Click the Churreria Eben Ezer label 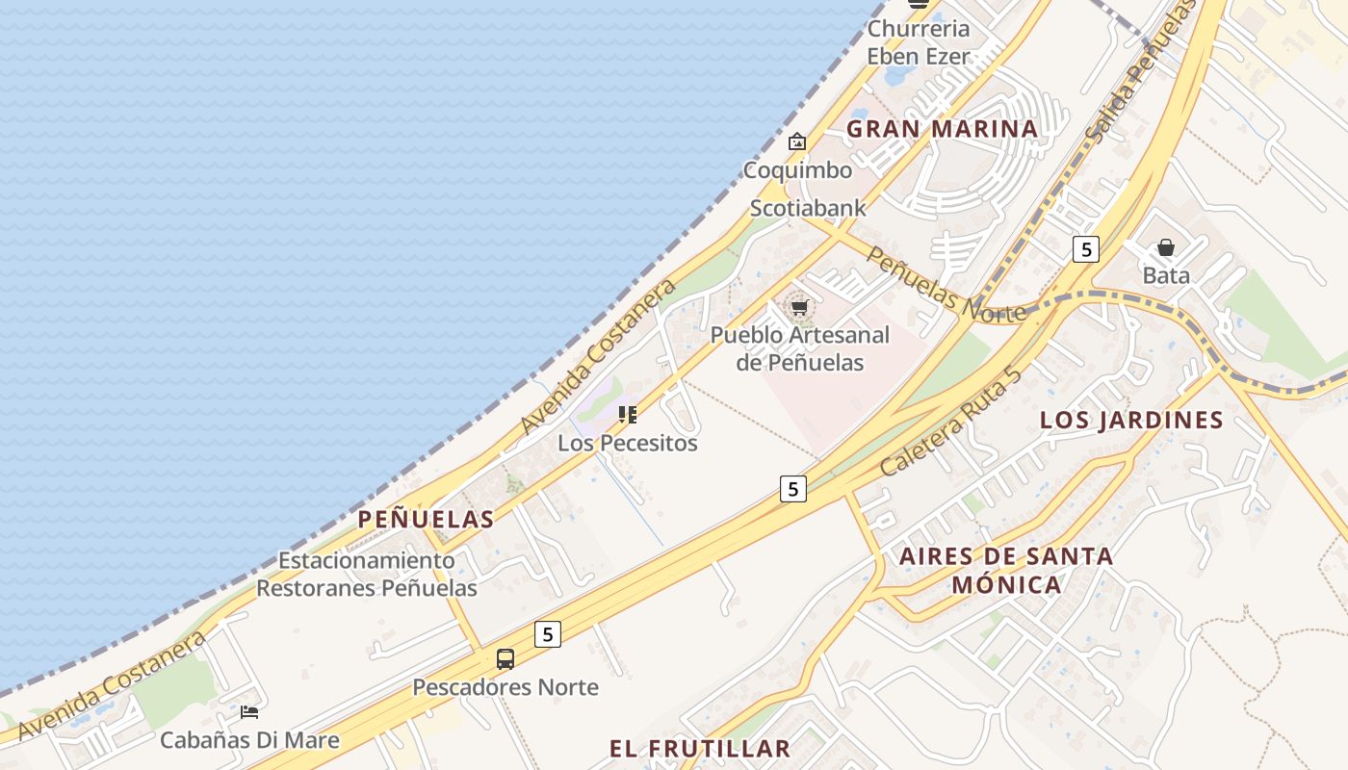pyautogui.click(x=918, y=42)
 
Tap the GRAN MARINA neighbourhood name pyautogui.click(x=942, y=129)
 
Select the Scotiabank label pyautogui.click(x=808, y=208)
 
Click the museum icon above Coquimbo pyautogui.click(x=797, y=142)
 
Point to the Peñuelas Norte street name pyautogui.click(x=946, y=285)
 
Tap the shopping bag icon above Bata pyautogui.click(x=1166, y=247)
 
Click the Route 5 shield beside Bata pyautogui.click(x=1086, y=249)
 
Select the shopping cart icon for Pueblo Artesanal pyautogui.click(x=798, y=308)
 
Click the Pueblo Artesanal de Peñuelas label pyautogui.click(x=799, y=348)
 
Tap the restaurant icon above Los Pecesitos pyautogui.click(x=628, y=415)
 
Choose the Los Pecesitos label pyautogui.click(x=628, y=443)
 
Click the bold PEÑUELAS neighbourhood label pyautogui.click(x=426, y=520)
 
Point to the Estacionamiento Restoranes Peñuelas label pyautogui.click(x=367, y=574)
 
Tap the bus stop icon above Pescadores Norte pyautogui.click(x=505, y=659)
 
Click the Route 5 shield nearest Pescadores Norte pyautogui.click(x=547, y=634)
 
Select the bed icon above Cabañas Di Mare pyautogui.click(x=249, y=712)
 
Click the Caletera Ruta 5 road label pyautogui.click(x=950, y=423)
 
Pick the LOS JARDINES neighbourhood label pyautogui.click(x=1131, y=420)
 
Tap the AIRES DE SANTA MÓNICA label pyautogui.click(x=1006, y=570)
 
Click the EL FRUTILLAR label pyautogui.click(x=700, y=748)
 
